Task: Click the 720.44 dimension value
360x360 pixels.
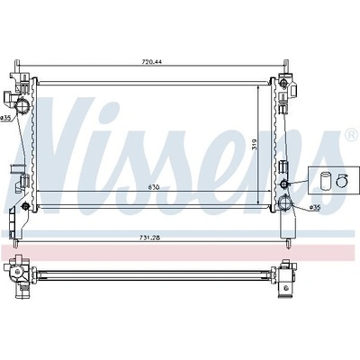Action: tap(151, 62)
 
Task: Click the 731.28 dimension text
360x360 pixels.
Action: tap(149, 238)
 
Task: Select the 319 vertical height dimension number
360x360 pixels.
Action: tap(255, 144)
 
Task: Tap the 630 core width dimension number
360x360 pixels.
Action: tap(153, 188)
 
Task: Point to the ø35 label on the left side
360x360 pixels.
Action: tap(5, 118)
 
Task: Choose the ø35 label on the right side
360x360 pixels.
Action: tap(314, 207)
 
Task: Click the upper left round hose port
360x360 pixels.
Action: tap(22, 105)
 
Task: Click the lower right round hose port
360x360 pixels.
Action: tap(284, 202)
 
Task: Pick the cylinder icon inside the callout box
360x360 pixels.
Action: tap(325, 180)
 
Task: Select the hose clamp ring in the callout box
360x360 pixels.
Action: tap(341, 181)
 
